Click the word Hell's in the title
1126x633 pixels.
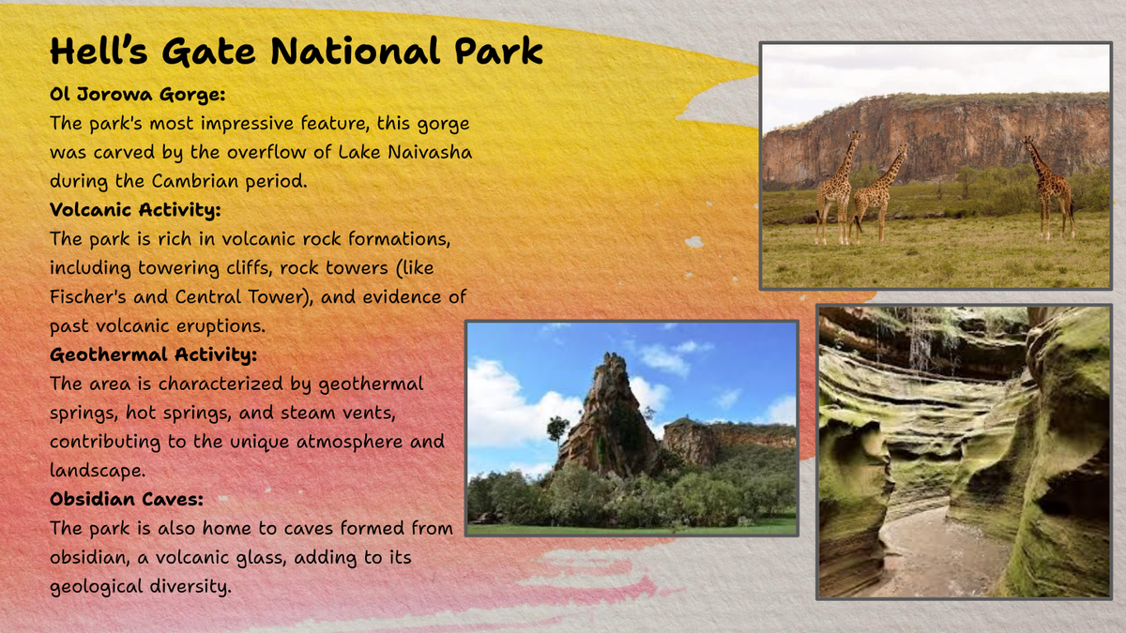coord(99,51)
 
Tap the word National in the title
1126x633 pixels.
coord(356,51)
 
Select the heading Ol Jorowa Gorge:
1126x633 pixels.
coord(137,95)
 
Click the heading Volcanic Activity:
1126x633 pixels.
coord(135,210)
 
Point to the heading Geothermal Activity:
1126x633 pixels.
coord(153,354)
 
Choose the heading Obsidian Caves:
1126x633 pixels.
coord(127,499)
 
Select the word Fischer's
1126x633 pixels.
coord(88,297)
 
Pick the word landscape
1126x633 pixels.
coord(98,471)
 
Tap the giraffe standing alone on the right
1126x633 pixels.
coord(1050,188)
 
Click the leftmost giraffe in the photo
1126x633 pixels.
coord(837,188)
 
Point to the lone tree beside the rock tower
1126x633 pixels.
coord(557,433)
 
